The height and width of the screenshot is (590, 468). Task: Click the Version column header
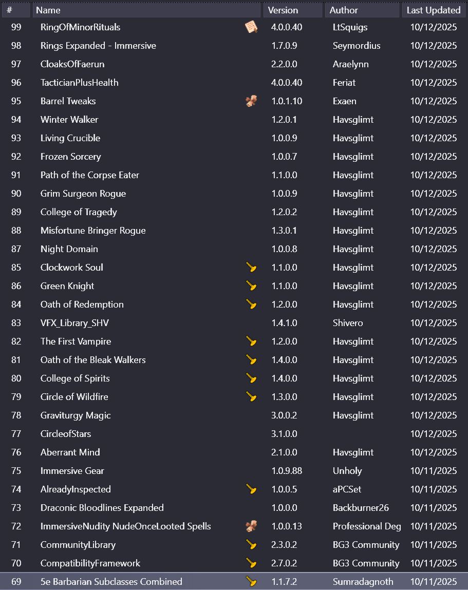[283, 10]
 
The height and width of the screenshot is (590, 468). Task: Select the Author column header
[344, 10]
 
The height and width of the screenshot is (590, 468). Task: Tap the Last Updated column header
[433, 10]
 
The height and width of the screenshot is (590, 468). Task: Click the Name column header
[48, 10]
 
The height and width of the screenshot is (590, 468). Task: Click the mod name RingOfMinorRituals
[80, 27]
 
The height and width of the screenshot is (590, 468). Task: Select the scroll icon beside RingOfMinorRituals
[251, 27]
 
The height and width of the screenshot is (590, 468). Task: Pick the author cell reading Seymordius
[357, 46]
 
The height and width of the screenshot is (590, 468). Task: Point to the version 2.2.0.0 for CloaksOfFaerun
[284, 64]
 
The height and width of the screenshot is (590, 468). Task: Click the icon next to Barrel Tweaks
[251, 101]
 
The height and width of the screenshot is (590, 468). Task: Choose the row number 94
[16, 120]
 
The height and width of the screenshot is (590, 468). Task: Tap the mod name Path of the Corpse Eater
[90, 175]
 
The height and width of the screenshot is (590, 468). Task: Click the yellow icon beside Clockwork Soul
[251, 268]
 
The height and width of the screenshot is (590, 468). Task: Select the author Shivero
[348, 323]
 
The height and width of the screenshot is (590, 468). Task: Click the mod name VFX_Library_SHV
[74, 323]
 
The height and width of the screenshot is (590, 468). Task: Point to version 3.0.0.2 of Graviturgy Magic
[284, 415]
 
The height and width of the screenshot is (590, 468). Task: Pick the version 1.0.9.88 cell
[287, 471]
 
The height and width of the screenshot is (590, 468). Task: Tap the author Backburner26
[361, 508]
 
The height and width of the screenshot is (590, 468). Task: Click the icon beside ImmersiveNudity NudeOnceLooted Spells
[251, 526]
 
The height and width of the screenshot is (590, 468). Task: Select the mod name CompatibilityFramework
[90, 563]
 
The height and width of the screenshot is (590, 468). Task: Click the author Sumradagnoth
[363, 582]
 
